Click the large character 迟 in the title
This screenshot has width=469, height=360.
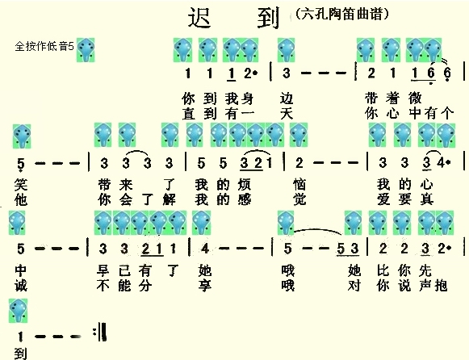pyautogui.click(x=199, y=18)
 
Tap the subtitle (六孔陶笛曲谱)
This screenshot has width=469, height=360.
pyautogui.click(x=342, y=14)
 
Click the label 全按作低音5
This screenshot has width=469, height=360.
pyautogui.click(x=44, y=46)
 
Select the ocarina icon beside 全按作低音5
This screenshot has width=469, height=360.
pyautogui.click(x=86, y=49)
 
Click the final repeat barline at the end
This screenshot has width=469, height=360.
pyautogui.click(x=100, y=332)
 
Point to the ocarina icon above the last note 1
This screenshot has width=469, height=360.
pyautogui.click(x=18, y=311)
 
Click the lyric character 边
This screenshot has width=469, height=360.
pyautogui.click(x=287, y=98)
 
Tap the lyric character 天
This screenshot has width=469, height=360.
pyautogui.click(x=287, y=114)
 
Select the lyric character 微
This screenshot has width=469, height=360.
pyautogui.click(x=415, y=98)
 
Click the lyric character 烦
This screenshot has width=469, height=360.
pyautogui.click(x=245, y=185)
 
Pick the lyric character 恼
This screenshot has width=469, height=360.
pyautogui.click(x=299, y=185)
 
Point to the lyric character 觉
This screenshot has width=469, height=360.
pyautogui.click(x=299, y=199)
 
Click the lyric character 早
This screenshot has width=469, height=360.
pyautogui.click(x=103, y=270)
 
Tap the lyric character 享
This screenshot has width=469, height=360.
pyautogui.click(x=205, y=286)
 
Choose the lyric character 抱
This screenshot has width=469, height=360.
pyautogui.click(x=441, y=286)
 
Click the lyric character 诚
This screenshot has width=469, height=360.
pyautogui.click(x=21, y=286)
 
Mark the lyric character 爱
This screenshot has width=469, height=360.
pyautogui.click(x=383, y=199)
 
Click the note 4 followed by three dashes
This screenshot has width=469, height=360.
pyautogui.click(x=205, y=249)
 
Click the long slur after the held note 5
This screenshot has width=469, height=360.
pyautogui.click(x=318, y=231)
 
